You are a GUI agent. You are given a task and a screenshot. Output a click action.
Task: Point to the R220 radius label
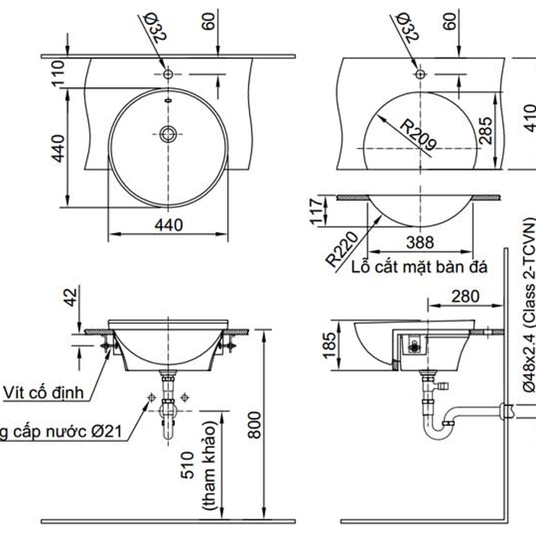(341, 250)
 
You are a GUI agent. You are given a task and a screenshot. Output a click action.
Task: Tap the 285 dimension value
(485, 130)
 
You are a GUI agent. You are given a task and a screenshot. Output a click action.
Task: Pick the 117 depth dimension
(318, 211)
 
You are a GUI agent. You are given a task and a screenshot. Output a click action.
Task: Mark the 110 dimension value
(58, 73)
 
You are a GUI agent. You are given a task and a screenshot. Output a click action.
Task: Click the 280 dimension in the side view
(465, 296)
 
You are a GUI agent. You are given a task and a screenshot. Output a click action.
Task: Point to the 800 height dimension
(255, 425)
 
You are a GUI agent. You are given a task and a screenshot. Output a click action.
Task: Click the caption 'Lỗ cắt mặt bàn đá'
(420, 266)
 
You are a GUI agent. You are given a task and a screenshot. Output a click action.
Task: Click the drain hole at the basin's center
(168, 133)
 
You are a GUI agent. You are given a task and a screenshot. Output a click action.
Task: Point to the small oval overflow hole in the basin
(168, 100)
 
